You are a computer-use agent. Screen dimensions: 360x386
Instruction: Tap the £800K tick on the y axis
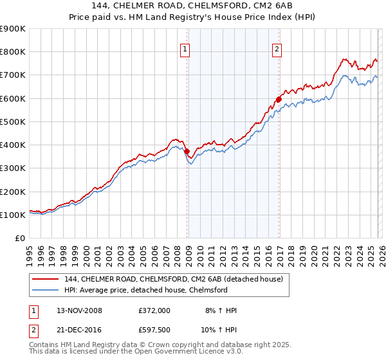[12, 52]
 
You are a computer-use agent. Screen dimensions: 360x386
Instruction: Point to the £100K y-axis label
[12, 215]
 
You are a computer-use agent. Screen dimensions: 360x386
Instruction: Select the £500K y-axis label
[12, 122]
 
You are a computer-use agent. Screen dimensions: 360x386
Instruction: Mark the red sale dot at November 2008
[187, 152]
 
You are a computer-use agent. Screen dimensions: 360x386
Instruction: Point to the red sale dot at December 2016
[279, 99]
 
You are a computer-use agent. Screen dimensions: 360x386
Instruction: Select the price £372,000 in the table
[154, 310]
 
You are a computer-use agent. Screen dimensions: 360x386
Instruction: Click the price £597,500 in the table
[154, 330]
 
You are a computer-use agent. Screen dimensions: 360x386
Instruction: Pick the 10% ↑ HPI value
[219, 330]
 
